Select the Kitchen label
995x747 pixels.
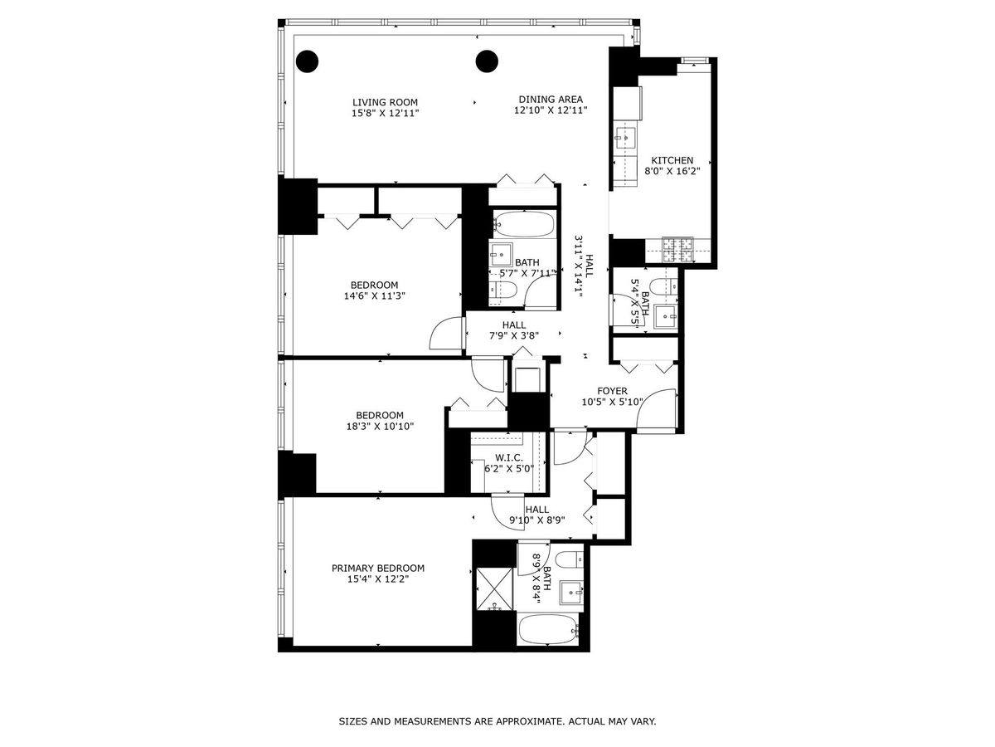pos(672,161)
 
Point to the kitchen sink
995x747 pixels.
pos(624,134)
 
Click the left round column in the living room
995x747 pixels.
pos(308,61)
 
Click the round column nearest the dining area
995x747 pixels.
pos(487,61)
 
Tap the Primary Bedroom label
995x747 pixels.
pos(378,569)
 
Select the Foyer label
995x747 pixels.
pos(613,391)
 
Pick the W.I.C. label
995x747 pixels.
pos(508,457)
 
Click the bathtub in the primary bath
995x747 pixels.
pos(548,629)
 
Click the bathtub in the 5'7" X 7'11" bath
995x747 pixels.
pos(523,224)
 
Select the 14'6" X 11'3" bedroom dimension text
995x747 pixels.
pos(375,295)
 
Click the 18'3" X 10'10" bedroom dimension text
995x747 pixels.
pos(380,427)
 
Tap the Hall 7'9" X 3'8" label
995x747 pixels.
pos(513,331)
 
